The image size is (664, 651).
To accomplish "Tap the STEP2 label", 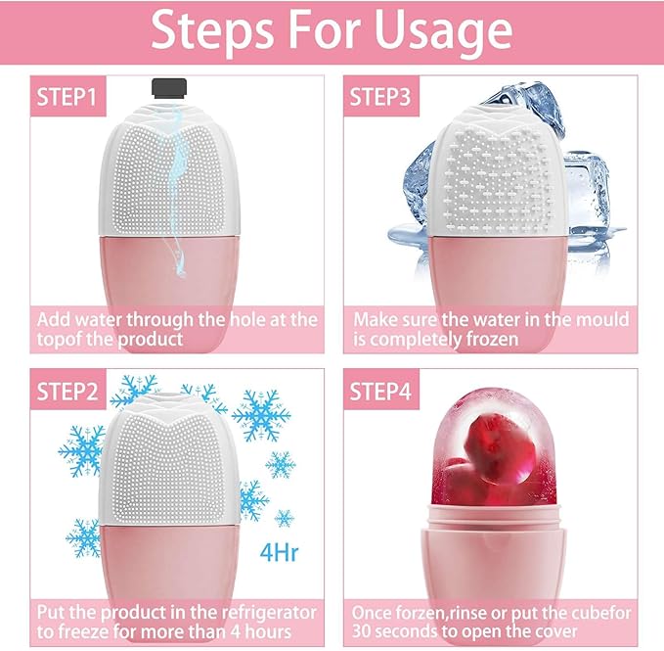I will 66,395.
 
